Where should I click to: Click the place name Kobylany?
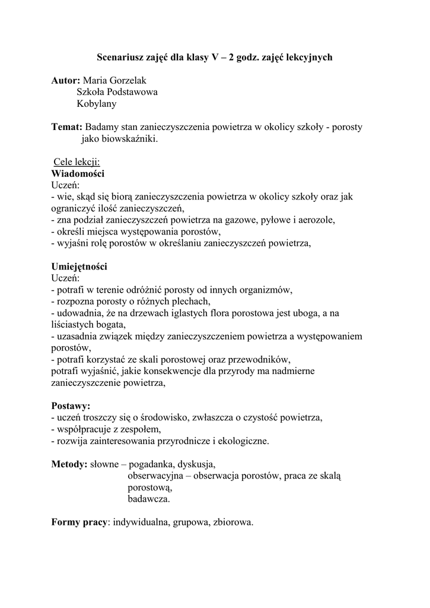click(x=97, y=104)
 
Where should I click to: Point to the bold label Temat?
click(x=66, y=127)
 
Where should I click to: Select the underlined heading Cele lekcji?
click(x=77, y=162)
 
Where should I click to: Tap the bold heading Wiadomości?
click(x=78, y=173)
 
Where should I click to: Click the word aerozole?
click(x=315, y=220)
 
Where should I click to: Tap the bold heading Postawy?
click(x=71, y=406)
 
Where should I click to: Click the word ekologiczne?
click(x=240, y=441)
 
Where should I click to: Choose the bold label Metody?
click(x=70, y=464)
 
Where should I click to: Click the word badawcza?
click(x=149, y=499)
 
